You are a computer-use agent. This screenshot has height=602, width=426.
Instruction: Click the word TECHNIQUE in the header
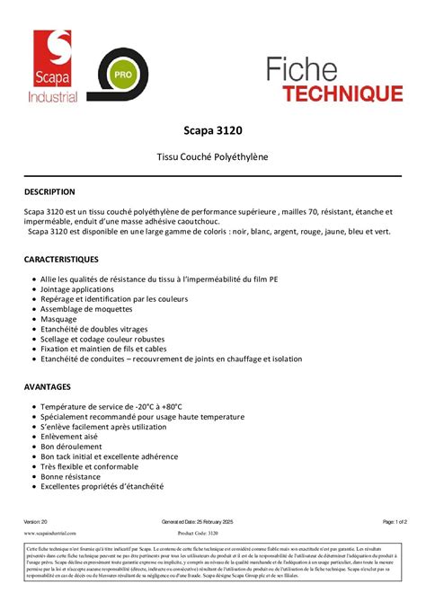tap(345, 92)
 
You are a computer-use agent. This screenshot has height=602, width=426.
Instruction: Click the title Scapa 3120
tap(213, 130)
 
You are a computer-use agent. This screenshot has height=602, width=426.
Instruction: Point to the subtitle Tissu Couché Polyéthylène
tap(213, 157)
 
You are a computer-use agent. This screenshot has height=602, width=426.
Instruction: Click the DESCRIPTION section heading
tap(49, 191)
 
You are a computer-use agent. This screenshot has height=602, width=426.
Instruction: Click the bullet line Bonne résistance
tap(78, 476)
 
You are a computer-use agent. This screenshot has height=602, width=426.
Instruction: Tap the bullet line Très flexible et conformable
tap(101, 466)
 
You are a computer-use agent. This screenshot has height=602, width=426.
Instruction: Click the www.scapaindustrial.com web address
tap(49, 533)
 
